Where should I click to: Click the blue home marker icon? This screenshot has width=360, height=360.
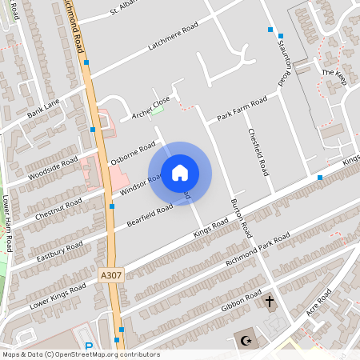[x=180, y=173]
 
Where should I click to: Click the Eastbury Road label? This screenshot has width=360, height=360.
[x=60, y=250]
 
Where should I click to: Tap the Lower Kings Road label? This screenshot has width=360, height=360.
[x=57, y=294]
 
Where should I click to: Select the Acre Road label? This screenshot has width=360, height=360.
[x=321, y=306]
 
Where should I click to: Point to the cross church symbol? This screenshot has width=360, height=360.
[x=270, y=302]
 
